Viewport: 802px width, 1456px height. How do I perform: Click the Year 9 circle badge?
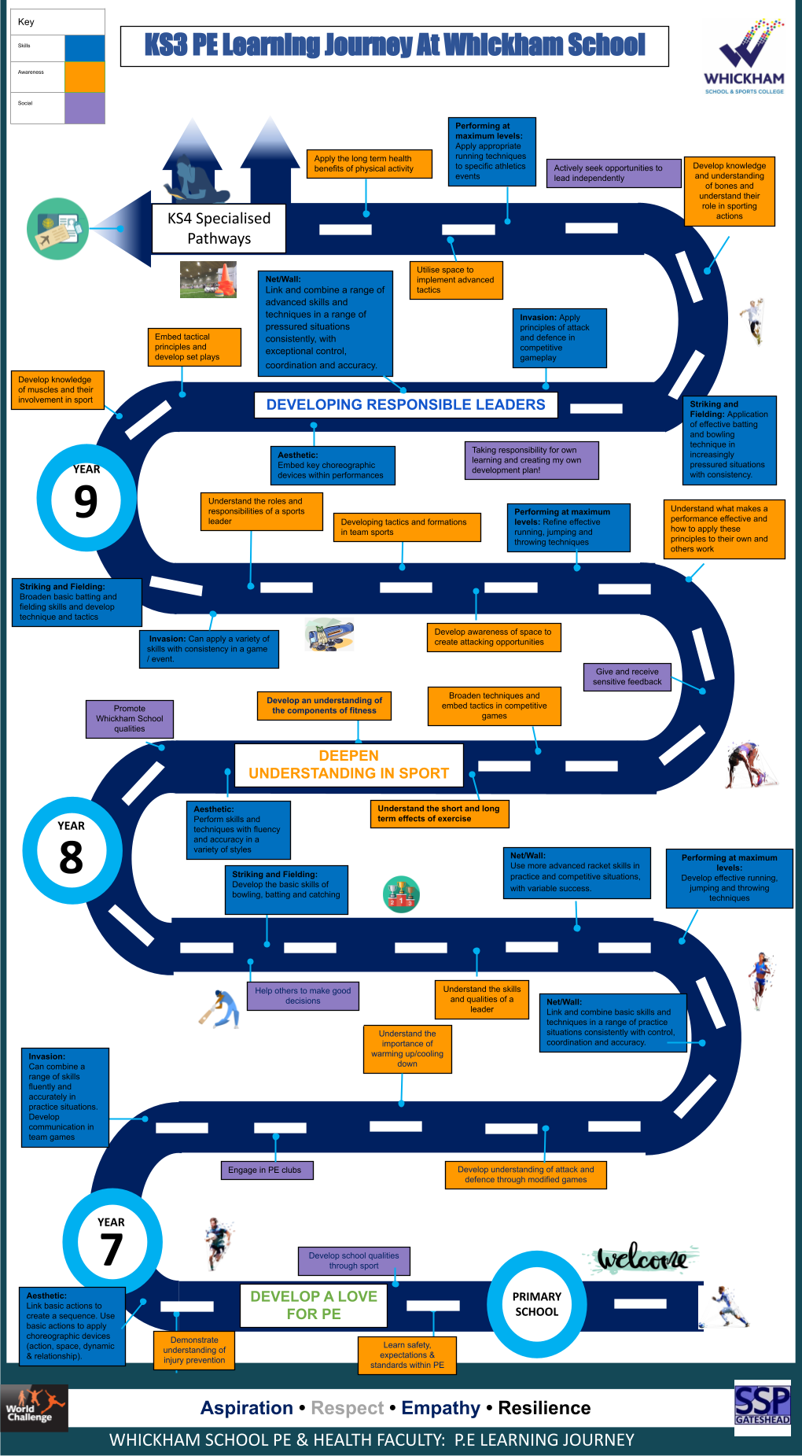[x=86, y=498]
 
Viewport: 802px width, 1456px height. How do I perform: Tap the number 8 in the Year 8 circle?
[x=71, y=857]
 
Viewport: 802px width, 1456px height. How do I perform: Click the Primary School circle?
[x=537, y=1303]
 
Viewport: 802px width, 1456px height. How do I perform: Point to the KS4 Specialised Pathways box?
[x=219, y=229]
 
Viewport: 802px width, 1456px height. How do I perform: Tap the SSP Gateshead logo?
[x=761, y=1406]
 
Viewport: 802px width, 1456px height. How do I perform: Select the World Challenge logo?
[x=34, y=1407]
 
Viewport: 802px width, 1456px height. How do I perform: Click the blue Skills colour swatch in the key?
[x=85, y=48]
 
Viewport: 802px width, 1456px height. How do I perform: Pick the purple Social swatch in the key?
[x=85, y=108]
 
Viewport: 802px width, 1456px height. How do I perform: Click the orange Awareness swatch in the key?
[x=85, y=77]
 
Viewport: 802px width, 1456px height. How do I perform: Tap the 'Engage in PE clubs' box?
[x=265, y=1170]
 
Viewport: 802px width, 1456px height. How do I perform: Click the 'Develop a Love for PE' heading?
[x=314, y=1305]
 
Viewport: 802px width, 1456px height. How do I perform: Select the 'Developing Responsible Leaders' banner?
[x=406, y=404]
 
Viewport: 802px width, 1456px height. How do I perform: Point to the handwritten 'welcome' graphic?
[x=642, y=1259]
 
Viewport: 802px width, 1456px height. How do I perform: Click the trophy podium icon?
[x=401, y=894]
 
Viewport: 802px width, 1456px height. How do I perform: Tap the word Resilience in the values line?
[x=544, y=1407]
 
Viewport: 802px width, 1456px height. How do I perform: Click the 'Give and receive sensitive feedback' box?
[x=627, y=676]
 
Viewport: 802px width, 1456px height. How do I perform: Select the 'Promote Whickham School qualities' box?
[x=130, y=718]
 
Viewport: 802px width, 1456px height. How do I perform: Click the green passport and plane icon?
[x=57, y=229]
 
